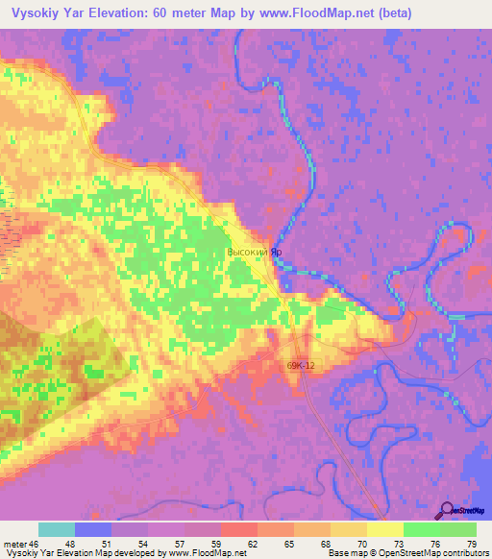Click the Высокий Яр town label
click(x=254, y=253)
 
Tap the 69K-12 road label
click(x=302, y=365)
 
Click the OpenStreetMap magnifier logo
click(x=447, y=510)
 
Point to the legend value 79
click(x=471, y=545)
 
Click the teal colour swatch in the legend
click(x=57, y=529)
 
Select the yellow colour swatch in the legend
click(x=385, y=529)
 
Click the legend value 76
click(x=433, y=545)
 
